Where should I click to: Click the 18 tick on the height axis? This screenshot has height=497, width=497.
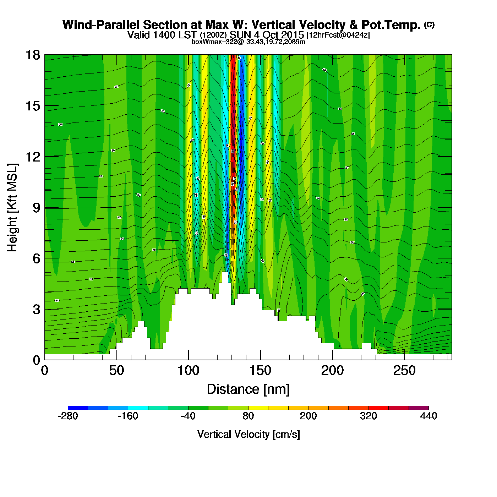click(33, 55)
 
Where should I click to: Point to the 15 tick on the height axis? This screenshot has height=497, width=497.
click(33, 106)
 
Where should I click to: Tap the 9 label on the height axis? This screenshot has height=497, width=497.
click(36, 208)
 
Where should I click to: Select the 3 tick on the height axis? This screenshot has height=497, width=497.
click(36, 310)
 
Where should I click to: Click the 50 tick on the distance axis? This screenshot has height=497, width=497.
click(117, 371)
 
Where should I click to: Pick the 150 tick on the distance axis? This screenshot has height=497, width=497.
click(261, 371)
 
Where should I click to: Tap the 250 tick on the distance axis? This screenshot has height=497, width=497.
click(404, 371)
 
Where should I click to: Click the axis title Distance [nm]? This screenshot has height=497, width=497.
click(248, 389)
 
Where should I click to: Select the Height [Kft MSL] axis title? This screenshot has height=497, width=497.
click(13, 208)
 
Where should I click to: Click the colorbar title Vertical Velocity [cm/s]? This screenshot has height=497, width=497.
click(248, 434)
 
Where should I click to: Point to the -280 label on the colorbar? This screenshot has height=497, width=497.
click(67, 416)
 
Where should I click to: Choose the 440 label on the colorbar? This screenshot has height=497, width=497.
click(428, 416)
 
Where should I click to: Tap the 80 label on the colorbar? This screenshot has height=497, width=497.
click(248, 416)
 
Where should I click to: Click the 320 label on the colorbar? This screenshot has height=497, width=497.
click(368, 416)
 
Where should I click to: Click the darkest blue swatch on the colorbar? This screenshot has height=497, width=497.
click(78, 408)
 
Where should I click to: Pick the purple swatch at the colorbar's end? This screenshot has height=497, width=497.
click(419, 408)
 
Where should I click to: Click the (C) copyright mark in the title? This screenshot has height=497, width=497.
click(429, 24)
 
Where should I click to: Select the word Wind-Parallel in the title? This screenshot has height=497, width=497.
click(101, 25)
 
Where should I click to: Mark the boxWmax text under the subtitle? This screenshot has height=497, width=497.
click(248, 42)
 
